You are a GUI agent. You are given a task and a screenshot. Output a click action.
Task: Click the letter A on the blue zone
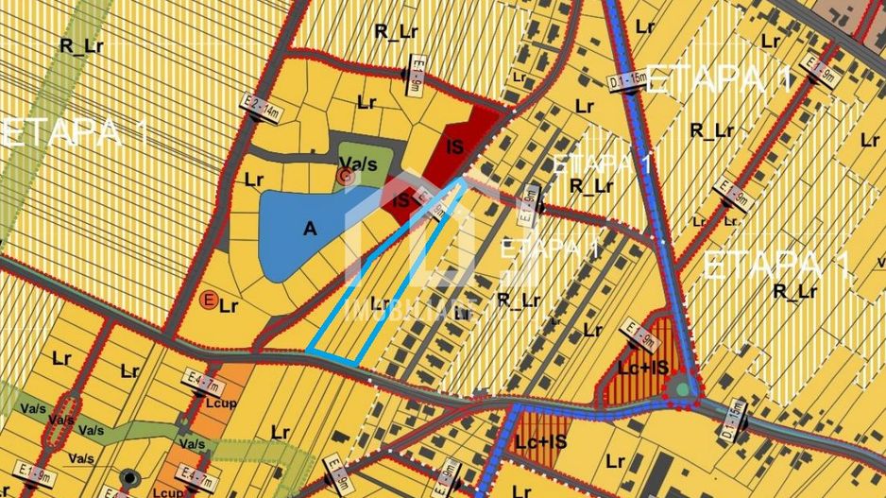(309, 228)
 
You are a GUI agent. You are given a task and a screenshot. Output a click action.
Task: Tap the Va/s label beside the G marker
(362, 162)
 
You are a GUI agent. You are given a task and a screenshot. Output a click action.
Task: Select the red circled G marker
(346, 176)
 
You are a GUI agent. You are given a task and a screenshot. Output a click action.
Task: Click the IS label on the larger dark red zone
(454, 146)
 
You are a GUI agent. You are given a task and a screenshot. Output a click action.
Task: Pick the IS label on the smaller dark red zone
(401, 200)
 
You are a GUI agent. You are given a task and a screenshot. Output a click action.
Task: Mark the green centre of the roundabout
(682, 388)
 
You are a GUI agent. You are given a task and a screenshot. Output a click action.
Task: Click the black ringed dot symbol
(128, 477)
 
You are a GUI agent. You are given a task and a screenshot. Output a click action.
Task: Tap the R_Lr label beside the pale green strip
(79, 44)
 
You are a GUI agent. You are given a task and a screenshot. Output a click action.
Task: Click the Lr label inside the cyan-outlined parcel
(381, 303)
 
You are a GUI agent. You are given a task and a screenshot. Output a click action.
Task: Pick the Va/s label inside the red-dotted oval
(62, 420)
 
